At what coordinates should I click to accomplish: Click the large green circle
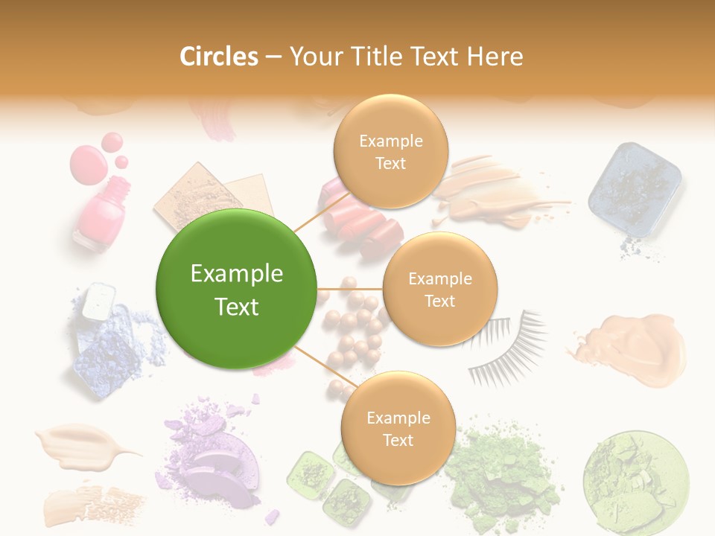(236, 289)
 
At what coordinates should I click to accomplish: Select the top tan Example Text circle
(390, 151)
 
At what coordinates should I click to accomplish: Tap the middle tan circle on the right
(439, 289)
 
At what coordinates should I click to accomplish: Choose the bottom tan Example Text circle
(398, 428)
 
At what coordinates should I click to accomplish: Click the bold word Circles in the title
(218, 57)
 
